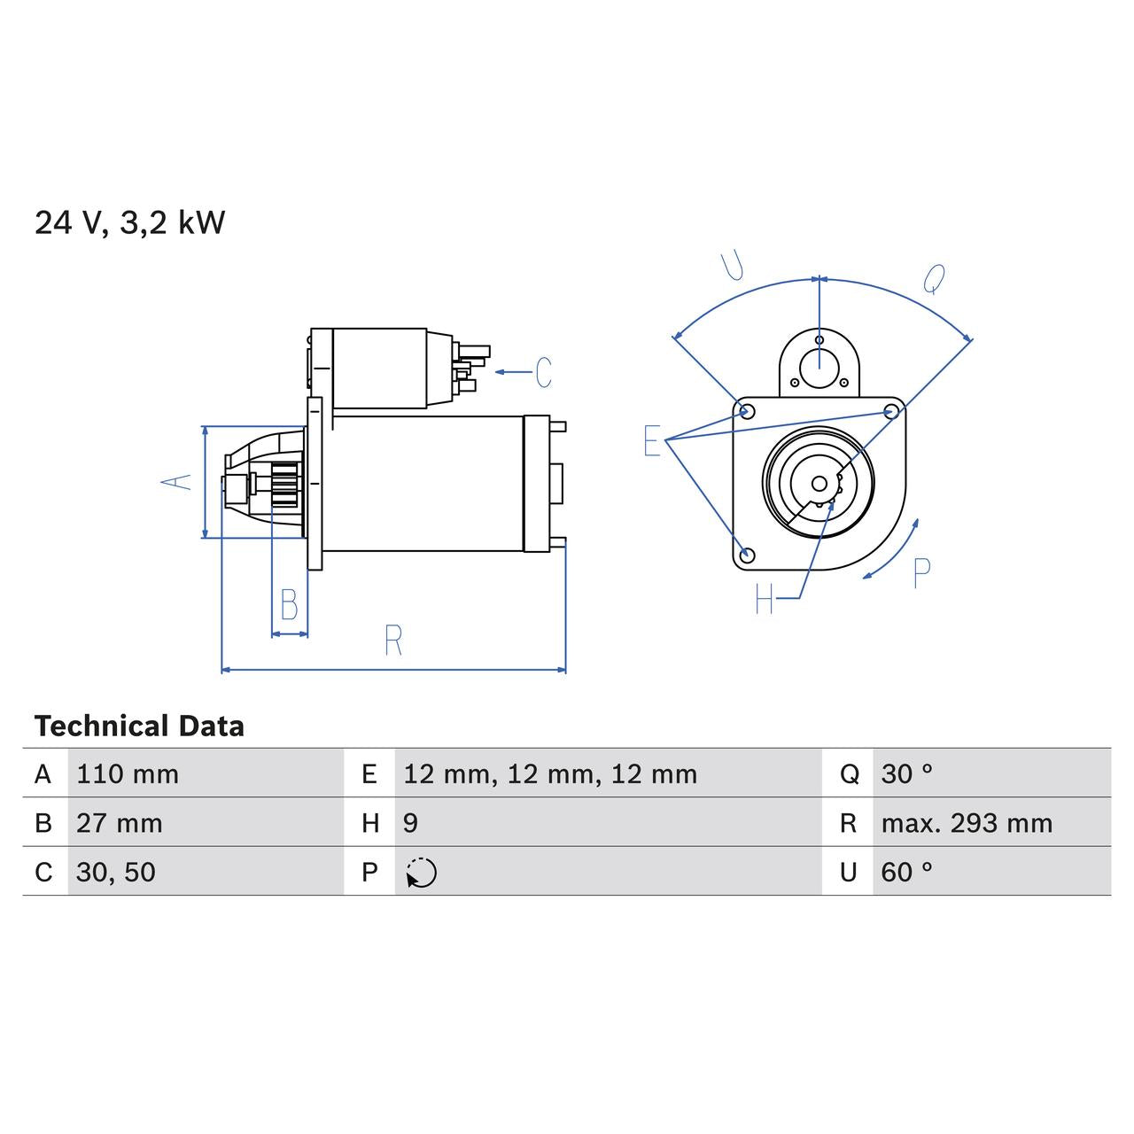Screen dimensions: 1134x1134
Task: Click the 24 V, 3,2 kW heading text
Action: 130,222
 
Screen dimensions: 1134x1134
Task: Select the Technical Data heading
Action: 139,726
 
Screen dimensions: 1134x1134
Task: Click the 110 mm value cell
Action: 128,774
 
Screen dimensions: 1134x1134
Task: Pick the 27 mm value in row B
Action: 120,823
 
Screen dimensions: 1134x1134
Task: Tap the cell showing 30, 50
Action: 116,873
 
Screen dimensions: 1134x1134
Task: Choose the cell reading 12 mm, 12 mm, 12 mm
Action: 550,774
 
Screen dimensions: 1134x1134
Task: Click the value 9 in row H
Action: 410,823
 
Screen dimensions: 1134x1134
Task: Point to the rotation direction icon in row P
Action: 422,873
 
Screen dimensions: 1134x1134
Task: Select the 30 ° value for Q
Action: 906,774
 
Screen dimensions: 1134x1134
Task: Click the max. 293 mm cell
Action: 967,823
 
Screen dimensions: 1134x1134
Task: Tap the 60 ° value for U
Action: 906,873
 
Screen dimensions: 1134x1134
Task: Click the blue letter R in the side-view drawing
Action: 393,640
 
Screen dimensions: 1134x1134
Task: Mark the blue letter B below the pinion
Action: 289,604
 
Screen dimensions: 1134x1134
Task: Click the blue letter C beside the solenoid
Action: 543,372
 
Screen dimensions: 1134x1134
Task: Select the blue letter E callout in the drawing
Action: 652,440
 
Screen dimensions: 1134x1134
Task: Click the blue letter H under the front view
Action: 765,600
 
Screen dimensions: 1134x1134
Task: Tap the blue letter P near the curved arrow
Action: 921,573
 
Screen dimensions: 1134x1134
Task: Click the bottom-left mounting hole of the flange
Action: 747,555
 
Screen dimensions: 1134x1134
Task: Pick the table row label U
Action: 848,873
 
